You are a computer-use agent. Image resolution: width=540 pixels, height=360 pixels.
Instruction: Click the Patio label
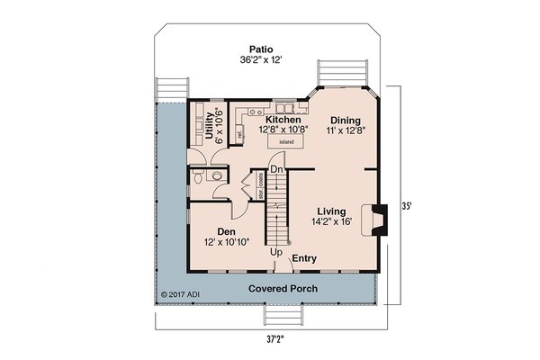[262, 49]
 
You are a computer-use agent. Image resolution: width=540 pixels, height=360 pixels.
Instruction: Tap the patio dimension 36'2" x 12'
[262, 60]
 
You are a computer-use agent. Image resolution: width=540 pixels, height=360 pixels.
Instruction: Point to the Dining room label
[346, 120]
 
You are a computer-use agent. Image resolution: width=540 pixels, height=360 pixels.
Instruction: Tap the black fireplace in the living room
[381, 220]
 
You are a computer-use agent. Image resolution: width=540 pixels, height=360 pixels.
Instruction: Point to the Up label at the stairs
[276, 253]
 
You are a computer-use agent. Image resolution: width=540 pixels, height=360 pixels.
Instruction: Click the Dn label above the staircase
[278, 169]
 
